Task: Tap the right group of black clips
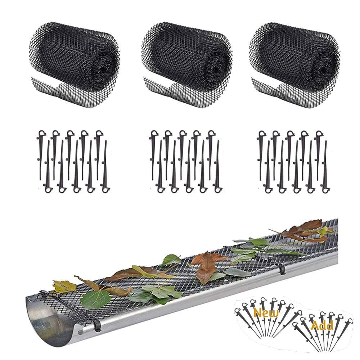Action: [293, 160]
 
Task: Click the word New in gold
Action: [266, 312]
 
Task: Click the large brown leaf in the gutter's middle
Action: [207, 266]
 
